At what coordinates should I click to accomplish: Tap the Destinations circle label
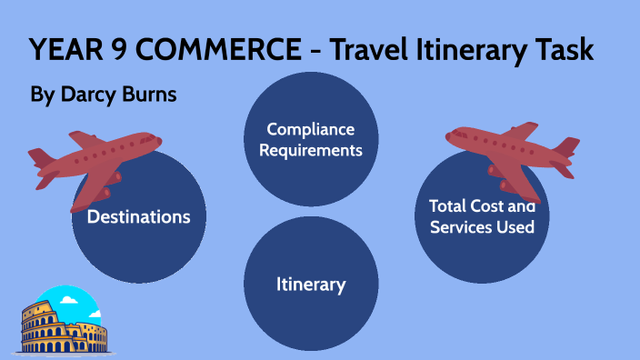point(138,217)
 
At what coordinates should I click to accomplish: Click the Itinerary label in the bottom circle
point(311,285)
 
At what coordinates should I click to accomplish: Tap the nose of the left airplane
point(158,141)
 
